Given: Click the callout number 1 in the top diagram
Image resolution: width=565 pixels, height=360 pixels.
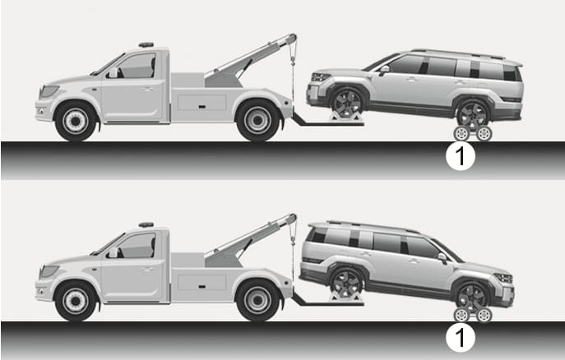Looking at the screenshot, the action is (461, 156).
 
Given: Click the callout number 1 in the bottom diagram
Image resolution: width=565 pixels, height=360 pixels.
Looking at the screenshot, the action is (461, 337).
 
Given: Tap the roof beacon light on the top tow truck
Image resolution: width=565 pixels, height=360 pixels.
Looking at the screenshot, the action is (146, 45).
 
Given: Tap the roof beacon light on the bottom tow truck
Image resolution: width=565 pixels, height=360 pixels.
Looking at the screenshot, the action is (146, 225).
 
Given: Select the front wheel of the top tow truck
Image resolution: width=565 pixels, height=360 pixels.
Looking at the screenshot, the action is (76, 122).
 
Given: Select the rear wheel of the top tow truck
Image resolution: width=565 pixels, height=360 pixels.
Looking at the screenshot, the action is (257, 120).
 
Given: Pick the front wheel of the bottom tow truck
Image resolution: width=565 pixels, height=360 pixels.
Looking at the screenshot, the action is (76, 302).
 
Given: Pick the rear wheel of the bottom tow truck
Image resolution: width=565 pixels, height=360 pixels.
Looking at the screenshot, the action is (257, 300).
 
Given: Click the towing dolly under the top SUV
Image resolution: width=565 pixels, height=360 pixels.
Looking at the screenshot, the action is (472, 133).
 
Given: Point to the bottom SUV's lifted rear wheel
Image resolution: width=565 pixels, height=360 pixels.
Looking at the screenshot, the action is (346, 284).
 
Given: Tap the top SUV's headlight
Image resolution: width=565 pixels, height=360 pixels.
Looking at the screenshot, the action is (321, 77).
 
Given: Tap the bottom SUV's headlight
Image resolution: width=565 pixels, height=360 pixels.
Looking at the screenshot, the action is (504, 278).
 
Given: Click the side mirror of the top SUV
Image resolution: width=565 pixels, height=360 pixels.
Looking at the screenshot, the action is (384, 70).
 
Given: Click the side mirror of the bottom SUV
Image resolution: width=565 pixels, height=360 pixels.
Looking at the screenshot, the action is (442, 258).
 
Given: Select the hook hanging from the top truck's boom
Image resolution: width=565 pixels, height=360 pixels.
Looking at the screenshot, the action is (293, 60).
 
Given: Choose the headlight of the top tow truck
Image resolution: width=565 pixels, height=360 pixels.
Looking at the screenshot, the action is (49, 90).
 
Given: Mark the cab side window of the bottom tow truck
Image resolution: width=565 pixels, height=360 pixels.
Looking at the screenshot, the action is (137, 246).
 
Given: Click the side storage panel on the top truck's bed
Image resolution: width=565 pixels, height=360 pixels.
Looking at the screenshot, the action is (202, 103).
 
